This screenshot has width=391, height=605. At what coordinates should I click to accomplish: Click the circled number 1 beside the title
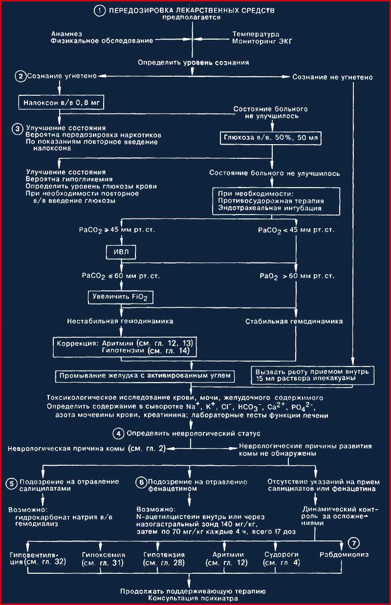(x=99, y=11)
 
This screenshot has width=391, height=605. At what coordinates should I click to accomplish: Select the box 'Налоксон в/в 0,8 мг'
(x=61, y=102)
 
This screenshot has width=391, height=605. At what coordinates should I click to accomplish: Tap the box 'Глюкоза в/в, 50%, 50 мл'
(x=271, y=138)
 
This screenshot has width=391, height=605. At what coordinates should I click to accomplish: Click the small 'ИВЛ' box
(x=121, y=252)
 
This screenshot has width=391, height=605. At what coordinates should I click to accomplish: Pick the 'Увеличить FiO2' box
(x=120, y=297)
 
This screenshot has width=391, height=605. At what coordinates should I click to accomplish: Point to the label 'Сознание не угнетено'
(x=332, y=77)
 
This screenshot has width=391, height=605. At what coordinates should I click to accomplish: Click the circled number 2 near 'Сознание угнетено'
(x=21, y=76)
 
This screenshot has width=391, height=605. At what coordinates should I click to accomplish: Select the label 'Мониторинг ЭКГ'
(x=262, y=42)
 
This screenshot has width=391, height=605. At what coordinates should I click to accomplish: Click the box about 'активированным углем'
(x=145, y=376)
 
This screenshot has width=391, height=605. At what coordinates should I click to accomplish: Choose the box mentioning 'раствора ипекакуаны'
(x=313, y=375)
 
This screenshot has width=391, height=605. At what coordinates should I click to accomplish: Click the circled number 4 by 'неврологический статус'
(x=118, y=433)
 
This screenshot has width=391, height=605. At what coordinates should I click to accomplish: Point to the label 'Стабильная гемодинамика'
(x=294, y=322)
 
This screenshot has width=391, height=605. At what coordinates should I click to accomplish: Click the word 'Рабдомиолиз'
(x=344, y=555)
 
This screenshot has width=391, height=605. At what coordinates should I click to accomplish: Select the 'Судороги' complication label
(x=282, y=555)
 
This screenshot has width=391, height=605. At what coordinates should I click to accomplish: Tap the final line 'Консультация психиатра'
(x=193, y=598)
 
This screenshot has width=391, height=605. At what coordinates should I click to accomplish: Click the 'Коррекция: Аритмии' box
(x=125, y=347)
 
